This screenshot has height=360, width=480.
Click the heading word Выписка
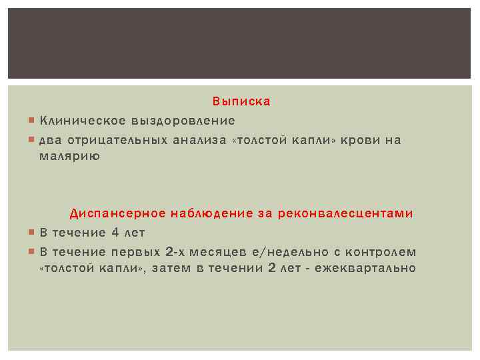coord(241,102)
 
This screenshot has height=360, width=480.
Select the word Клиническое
coord(83,121)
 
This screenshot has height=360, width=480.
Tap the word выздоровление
coord(183,121)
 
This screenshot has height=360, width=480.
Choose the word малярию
coord(69,156)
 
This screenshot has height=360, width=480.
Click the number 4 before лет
coord(115,233)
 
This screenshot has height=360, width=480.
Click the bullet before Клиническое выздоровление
coord(33,121)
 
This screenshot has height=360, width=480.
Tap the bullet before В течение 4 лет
coord(33,233)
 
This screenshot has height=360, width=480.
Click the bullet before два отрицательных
coord(33,140)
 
